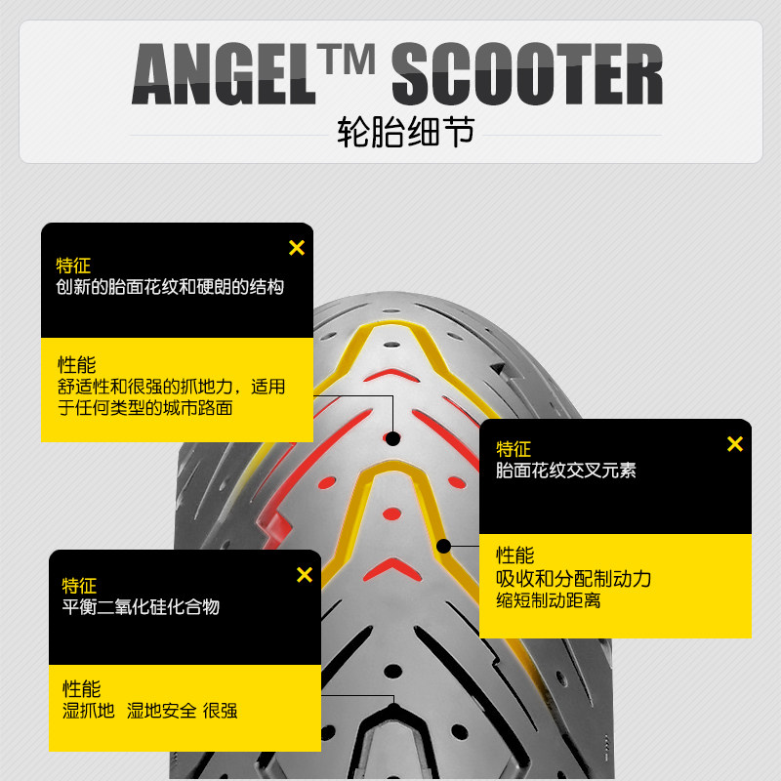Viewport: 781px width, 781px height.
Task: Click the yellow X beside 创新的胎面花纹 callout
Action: [x=297, y=248]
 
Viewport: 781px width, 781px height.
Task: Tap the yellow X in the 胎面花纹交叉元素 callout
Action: [x=735, y=444]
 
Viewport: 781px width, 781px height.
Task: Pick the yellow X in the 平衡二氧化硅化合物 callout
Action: [x=304, y=575]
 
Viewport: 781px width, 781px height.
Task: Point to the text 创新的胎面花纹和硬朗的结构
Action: [x=170, y=288]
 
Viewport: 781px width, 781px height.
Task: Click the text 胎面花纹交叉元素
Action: [x=566, y=470]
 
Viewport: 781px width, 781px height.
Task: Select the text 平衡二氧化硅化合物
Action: [x=141, y=606]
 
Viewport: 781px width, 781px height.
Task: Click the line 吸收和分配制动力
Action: [x=573, y=579]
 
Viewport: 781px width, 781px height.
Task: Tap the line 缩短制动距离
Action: [x=549, y=600]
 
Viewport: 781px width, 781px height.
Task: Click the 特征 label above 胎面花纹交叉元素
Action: [x=514, y=449]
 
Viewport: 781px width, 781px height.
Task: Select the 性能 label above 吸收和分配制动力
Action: [x=514, y=555]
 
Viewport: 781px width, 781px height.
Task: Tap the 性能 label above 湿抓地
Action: [x=81, y=688]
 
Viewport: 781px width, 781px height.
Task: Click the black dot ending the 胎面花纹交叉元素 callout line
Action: [x=443, y=546]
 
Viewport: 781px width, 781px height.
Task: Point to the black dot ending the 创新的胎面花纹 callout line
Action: [x=392, y=438]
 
